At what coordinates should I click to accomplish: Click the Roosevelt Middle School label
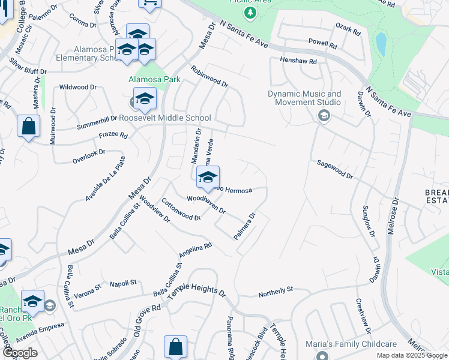point(165,118)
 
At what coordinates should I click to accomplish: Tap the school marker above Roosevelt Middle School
point(145,98)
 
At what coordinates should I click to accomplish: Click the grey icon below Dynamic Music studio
point(324,115)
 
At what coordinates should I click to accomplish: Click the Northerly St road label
point(276,292)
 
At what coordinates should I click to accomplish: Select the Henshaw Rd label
point(300,60)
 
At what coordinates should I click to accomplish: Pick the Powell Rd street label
point(323,43)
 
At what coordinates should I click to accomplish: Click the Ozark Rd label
point(347,27)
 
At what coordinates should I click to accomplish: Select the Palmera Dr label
point(245,226)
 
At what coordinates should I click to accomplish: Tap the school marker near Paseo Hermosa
point(208,177)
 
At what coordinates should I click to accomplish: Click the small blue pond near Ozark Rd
point(381,43)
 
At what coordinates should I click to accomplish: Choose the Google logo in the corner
point(20,353)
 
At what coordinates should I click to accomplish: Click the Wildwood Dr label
point(77,87)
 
